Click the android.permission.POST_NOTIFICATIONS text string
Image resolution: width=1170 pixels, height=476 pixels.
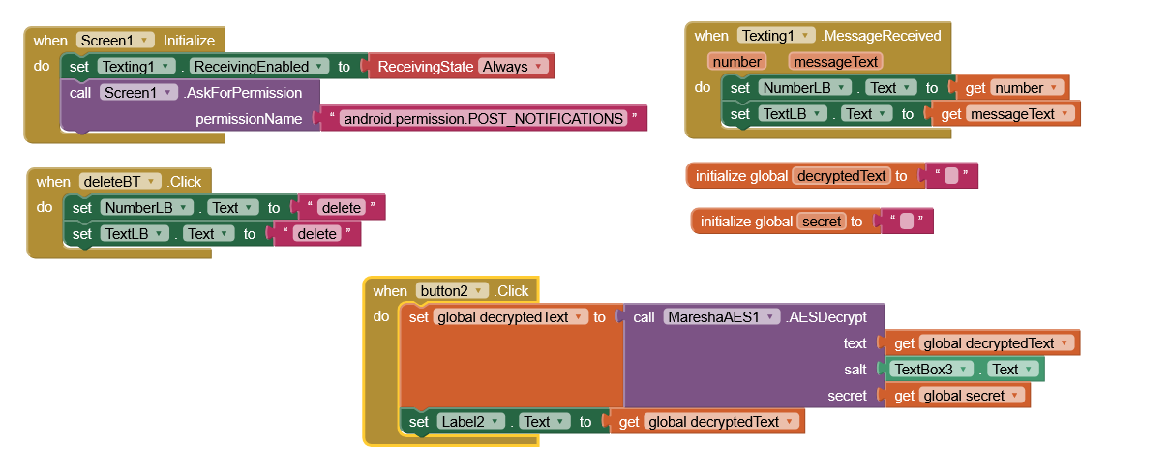coord(484,119)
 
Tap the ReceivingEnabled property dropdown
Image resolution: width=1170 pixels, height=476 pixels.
coord(260,67)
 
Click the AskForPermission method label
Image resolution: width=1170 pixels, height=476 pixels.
coord(243,93)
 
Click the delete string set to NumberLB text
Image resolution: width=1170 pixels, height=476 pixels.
coord(343,208)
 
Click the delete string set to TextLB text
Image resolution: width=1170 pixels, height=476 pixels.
coord(317,234)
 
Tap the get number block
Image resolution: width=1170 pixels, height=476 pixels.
coord(1011,88)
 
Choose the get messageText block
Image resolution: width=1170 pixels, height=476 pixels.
coord(1005,114)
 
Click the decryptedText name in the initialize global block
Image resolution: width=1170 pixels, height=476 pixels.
coord(840,176)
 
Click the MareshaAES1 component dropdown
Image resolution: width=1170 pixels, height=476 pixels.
coord(721,317)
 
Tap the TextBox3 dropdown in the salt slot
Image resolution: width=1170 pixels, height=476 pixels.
coord(931,370)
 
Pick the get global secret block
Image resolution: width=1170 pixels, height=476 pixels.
coord(954,396)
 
